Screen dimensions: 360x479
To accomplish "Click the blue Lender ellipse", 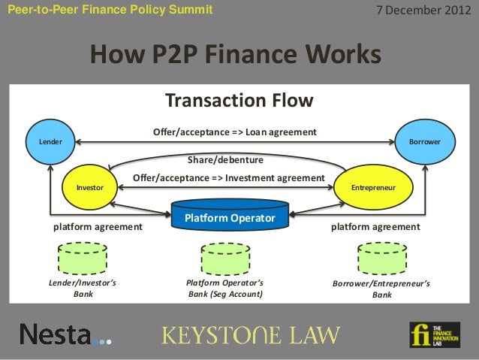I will tap(50, 141).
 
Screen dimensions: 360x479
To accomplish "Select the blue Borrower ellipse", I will tap(424, 141).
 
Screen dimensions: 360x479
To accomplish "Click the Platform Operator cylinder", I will tap(230, 216).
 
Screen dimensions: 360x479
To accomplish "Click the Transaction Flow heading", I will tap(239, 101).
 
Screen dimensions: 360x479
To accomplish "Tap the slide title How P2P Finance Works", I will tap(236, 55).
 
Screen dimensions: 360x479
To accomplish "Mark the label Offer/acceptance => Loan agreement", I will tap(234, 132).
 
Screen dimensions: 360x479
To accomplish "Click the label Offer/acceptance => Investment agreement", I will tap(228, 177).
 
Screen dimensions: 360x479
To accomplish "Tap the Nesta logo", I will tap(65, 334).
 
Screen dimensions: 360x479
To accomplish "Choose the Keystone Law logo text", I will tap(252, 334).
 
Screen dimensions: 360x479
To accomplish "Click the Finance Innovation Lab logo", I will tap(434, 334).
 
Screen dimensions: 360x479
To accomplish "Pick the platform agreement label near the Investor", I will tap(97, 225).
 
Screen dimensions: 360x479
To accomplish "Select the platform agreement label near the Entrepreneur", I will tap(375, 225).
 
